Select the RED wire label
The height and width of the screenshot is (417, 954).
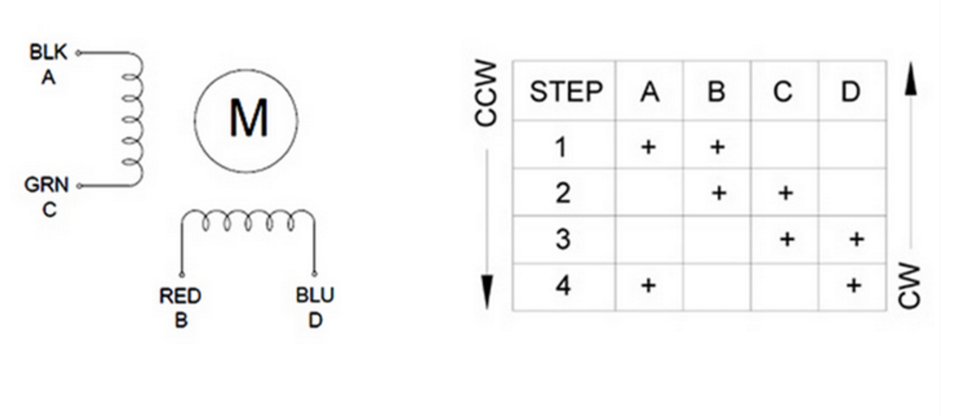point(180,296)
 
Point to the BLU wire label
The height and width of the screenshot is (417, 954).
point(315,296)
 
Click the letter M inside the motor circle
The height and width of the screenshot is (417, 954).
point(248,120)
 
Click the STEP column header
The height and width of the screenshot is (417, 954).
point(565,92)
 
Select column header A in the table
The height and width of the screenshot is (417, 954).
point(649,92)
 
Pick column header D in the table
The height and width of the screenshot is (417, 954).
point(850,92)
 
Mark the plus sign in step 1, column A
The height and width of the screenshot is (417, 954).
point(649,147)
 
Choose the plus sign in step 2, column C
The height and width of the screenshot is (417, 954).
point(785,194)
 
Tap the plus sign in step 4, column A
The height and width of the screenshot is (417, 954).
point(649,285)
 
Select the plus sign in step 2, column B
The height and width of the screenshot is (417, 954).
point(717,194)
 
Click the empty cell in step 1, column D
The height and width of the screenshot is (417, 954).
point(852,147)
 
